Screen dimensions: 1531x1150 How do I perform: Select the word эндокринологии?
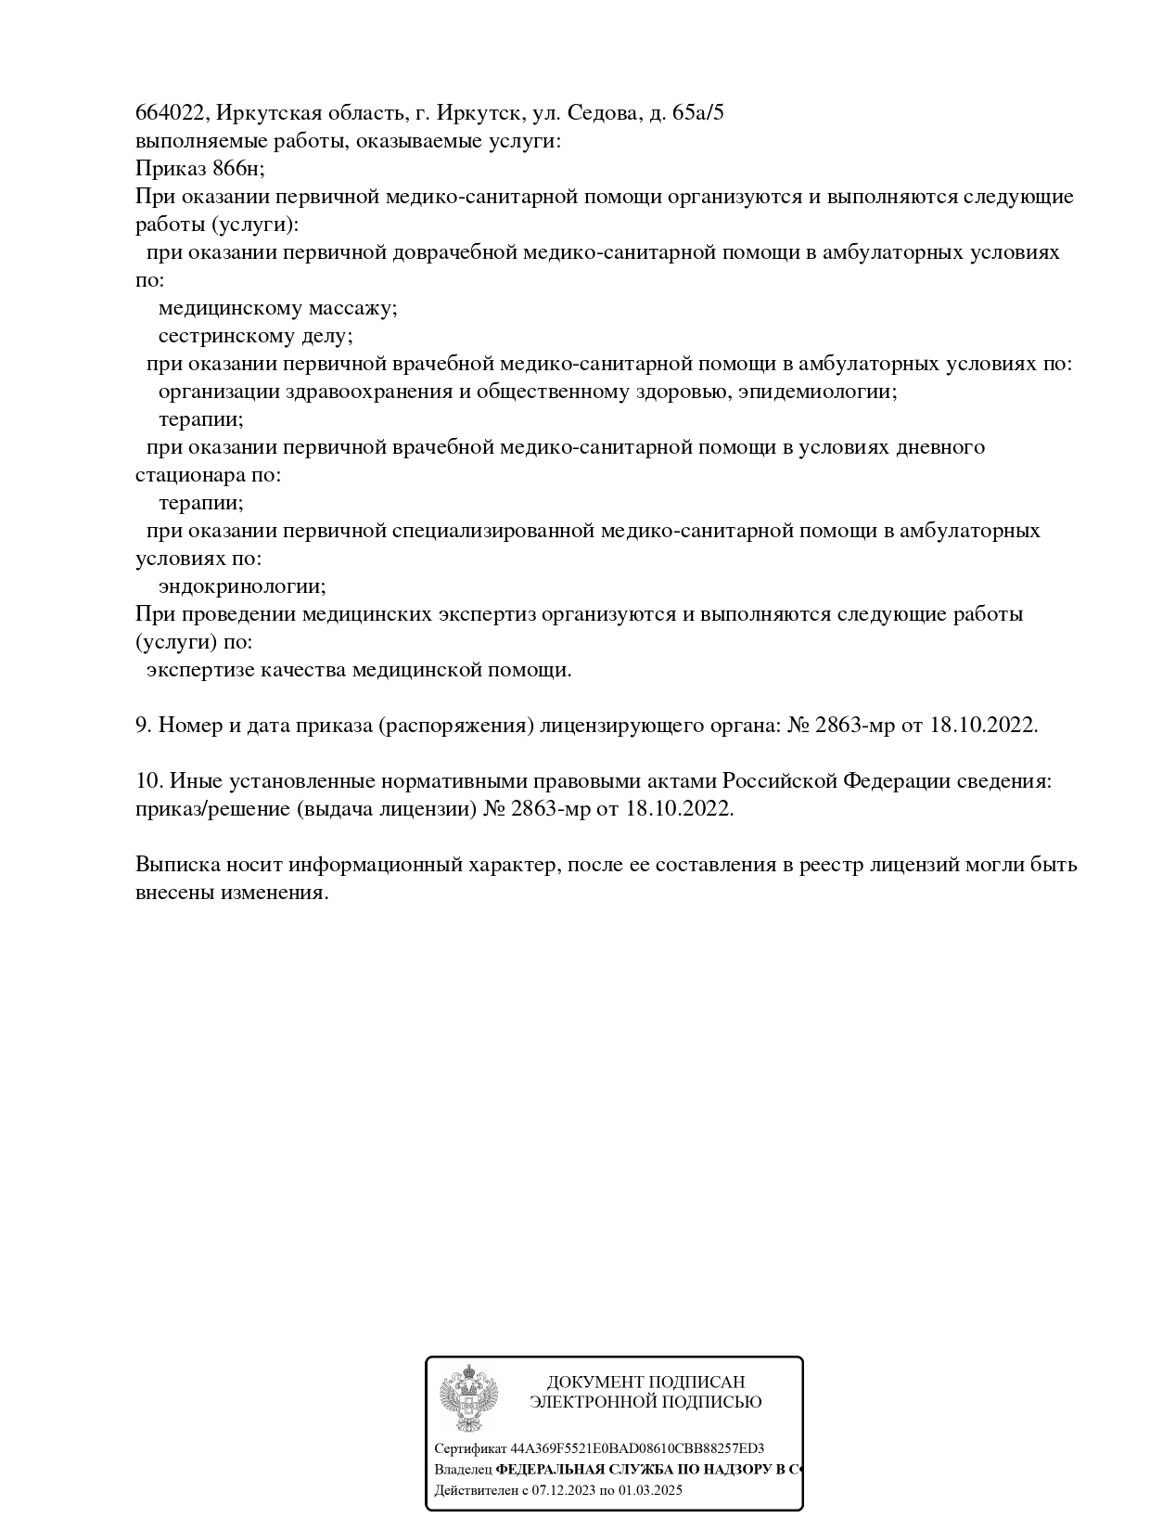tap(242, 586)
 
